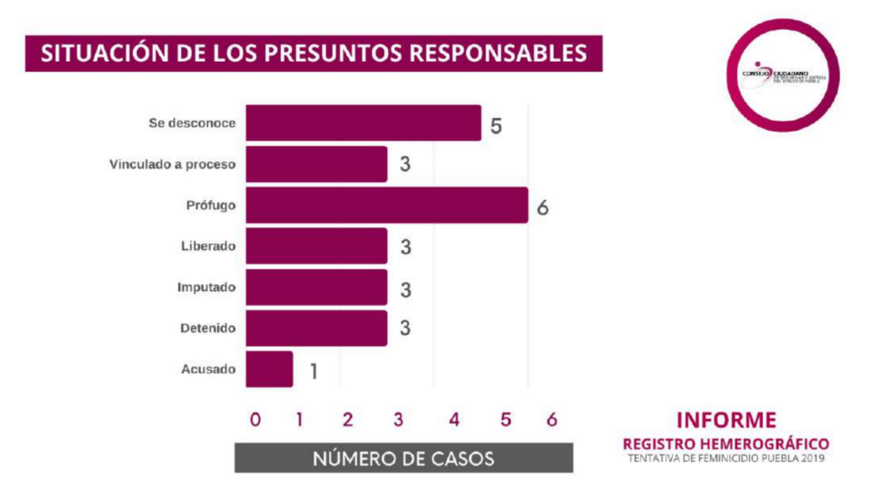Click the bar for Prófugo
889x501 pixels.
386,205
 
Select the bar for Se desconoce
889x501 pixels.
363,123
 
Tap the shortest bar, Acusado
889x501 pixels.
269,369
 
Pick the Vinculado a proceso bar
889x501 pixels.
316,164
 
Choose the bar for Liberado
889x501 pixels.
316,247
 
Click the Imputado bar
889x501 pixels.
316,287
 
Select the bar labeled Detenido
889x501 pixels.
316,328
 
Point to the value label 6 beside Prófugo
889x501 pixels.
543,208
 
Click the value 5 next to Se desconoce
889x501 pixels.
496,126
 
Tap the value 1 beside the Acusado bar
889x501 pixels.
313,372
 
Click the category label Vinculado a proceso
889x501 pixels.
173,164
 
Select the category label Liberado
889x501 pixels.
207,247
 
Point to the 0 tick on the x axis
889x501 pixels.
254,420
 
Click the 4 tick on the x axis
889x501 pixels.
453,420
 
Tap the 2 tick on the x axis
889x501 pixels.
347,420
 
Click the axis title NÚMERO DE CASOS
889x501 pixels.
404,458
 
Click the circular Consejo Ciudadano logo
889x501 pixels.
784,76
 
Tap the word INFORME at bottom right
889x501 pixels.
727,420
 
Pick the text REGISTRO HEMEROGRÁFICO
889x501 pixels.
727,443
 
